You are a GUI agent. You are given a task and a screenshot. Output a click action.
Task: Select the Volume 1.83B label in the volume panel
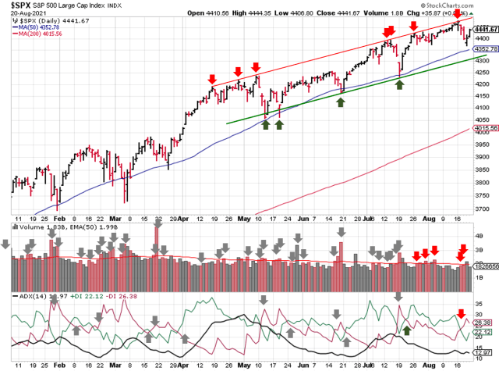click(x=33, y=227)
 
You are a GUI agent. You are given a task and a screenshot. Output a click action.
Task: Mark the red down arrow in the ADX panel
click(x=462, y=312)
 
